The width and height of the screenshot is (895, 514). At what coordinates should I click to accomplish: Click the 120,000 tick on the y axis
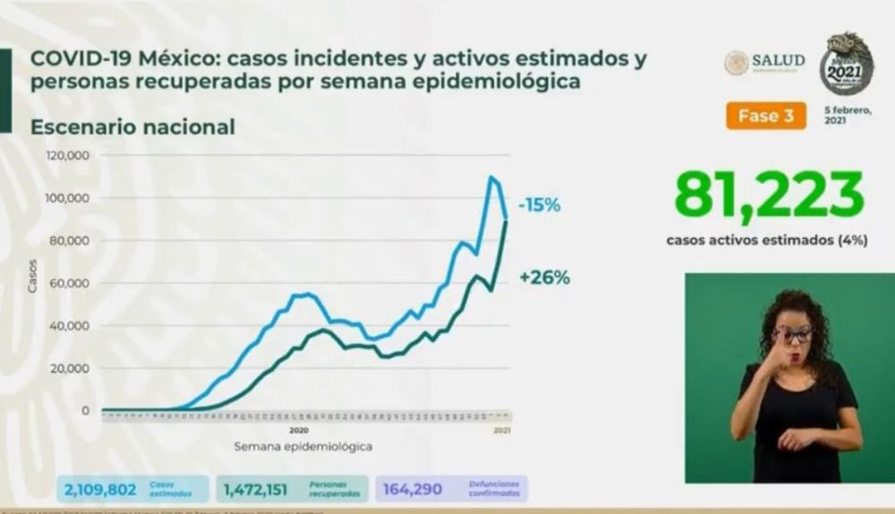(x=69, y=155)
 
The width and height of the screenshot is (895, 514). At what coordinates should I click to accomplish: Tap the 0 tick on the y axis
(x=86, y=411)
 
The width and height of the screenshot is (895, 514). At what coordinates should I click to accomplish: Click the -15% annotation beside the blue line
(x=540, y=205)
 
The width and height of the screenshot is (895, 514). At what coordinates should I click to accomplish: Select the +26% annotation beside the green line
(x=544, y=278)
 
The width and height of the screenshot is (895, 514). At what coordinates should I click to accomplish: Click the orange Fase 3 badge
(x=766, y=116)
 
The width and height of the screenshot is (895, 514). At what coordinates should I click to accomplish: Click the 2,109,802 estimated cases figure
(x=100, y=489)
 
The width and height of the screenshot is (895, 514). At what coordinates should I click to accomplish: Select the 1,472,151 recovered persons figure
(x=260, y=489)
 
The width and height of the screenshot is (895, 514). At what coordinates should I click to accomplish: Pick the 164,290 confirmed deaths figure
(x=414, y=489)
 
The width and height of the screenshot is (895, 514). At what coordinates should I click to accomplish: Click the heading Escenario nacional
(x=132, y=127)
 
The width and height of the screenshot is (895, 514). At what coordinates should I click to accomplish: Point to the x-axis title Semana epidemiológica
(x=303, y=445)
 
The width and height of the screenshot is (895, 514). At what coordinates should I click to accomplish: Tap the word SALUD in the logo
(x=778, y=60)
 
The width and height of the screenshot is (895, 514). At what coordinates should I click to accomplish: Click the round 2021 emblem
(x=847, y=65)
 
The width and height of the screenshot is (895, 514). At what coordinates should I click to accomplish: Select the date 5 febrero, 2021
(x=846, y=115)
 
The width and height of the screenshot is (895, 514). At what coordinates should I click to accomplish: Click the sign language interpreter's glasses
(x=793, y=335)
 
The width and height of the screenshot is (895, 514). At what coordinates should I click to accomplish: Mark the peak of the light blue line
(x=491, y=177)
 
